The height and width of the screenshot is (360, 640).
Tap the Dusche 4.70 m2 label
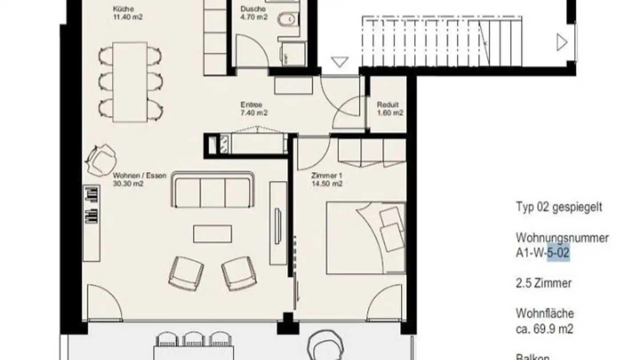pos(253,13)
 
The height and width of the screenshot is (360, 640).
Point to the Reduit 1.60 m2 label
pos(390,109)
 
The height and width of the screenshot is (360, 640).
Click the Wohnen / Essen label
pos(140,180)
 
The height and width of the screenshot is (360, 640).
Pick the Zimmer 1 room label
pos(326,180)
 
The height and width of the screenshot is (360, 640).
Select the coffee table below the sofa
pos(212,233)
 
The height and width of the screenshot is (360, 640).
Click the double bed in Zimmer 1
pos(366,238)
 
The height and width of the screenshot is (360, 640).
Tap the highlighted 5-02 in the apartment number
pos(558,254)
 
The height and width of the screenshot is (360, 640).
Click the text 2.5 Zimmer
pos(544,283)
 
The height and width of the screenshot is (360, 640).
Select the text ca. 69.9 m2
pos(544,329)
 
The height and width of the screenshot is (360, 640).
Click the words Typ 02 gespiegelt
pos(559,207)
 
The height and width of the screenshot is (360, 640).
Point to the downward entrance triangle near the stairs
pos(340,62)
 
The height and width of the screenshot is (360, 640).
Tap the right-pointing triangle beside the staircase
pos(562,43)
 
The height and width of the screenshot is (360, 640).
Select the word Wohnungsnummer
pos(562,238)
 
